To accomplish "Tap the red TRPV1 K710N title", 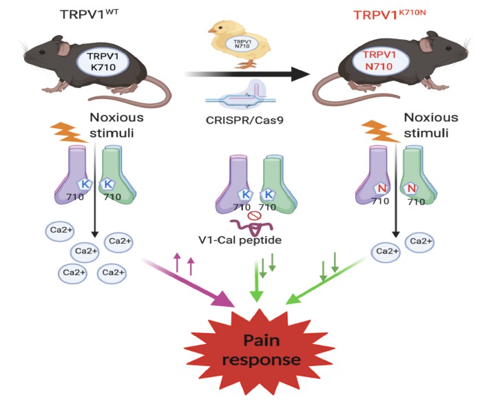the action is [x=390, y=14].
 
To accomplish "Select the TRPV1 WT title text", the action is [x=89, y=14].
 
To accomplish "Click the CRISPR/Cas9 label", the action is [x=244, y=120].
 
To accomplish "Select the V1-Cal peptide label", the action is [x=240, y=240].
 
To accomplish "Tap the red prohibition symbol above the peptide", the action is [x=254, y=216].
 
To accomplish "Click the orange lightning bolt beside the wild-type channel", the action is [x=68, y=133].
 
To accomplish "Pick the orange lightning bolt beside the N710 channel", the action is [x=381, y=131].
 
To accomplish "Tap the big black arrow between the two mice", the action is [x=247, y=74].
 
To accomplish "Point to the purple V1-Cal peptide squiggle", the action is [x=251, y=227].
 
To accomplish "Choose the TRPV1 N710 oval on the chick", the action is [x=242, y=43].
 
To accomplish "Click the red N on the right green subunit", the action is [x=411, y=188].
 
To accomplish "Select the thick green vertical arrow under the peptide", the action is [x=257, y=281].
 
